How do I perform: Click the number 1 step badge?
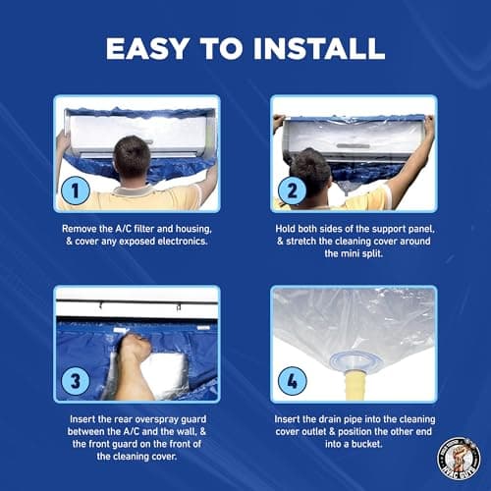[76, 188]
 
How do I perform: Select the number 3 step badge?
[76, 379]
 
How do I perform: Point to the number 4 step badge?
[291, 379]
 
